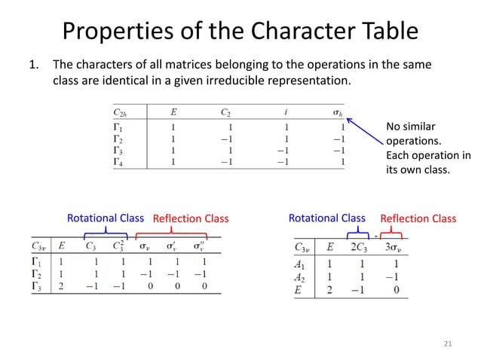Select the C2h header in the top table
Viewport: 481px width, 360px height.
(121, 114)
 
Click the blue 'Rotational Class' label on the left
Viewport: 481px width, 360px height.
(106, 218)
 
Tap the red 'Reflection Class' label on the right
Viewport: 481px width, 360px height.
(418, 218)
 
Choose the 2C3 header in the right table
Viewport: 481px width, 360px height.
(357, 246)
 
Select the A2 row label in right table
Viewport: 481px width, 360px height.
(301, 277)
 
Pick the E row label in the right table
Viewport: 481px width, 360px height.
(299, 290)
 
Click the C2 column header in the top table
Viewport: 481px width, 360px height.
(225, 114)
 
